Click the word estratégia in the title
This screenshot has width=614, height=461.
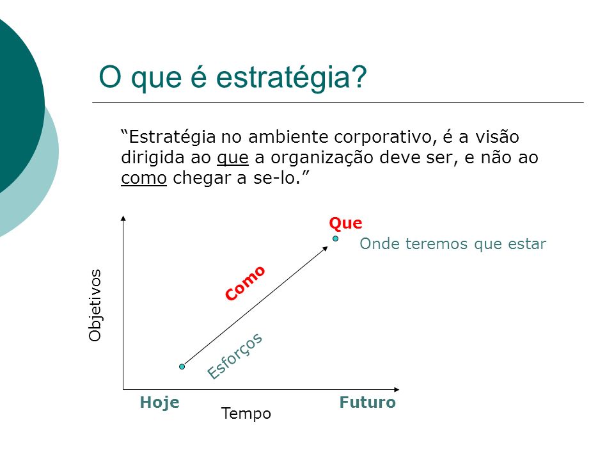point(284,77)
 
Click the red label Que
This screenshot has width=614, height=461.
point(345,223)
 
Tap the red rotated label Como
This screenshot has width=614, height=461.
point(245,283)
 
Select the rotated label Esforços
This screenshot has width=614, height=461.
point(235,356)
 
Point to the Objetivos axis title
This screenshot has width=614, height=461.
point(95,305)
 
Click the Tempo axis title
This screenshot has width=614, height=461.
point(246,414)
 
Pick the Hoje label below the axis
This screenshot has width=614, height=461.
point(160,403)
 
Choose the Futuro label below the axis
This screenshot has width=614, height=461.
point(367,402)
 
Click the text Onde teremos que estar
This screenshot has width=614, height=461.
point(453,244)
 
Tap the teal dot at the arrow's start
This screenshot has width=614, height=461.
point(182,366)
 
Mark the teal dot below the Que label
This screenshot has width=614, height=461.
point(336,238)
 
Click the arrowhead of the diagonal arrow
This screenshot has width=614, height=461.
point(326,248)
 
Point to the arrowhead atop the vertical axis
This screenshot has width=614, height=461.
point(123,218)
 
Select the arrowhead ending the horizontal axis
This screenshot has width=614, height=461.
point(397,389)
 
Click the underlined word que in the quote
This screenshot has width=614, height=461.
point(233,158)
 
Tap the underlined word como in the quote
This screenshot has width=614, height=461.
point(144,179)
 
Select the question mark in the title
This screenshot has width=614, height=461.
point(359,76)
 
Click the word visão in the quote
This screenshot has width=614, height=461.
point(498,137)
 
